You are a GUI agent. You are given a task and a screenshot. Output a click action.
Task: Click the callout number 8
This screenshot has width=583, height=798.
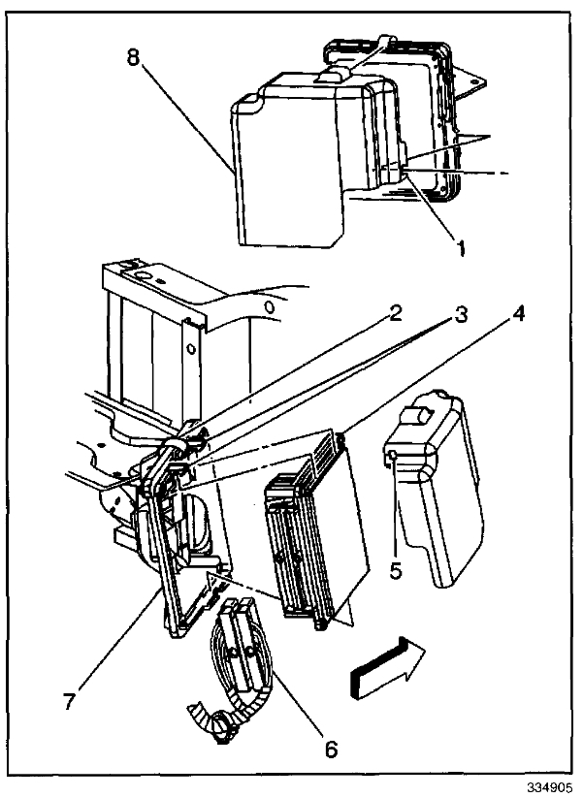tap(134, 55)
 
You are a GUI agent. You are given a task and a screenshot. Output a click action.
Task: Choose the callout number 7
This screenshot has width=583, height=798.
tap(69, 701)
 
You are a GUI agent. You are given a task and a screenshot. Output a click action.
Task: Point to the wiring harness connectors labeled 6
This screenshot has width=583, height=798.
tap(238, 645)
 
